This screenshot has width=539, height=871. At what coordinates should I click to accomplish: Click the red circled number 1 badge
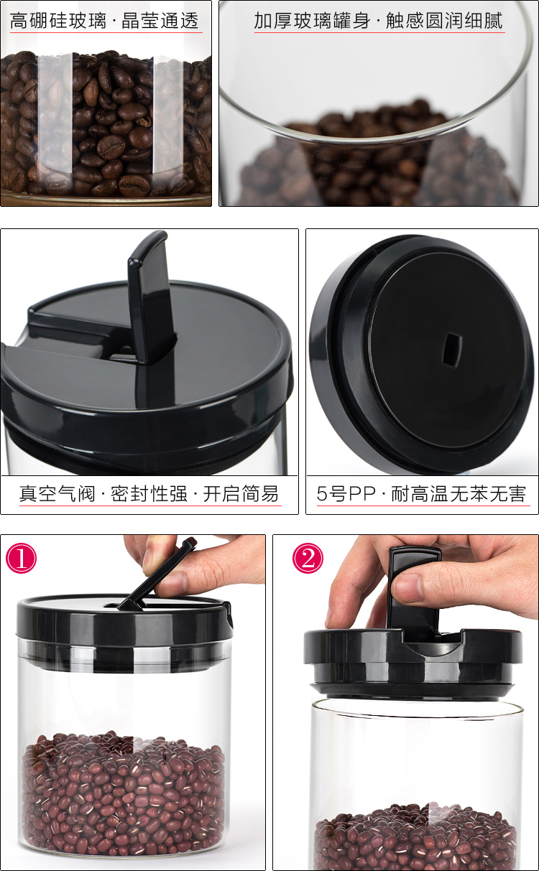coord(21,558)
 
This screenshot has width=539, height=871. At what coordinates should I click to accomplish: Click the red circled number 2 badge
coord(308,558)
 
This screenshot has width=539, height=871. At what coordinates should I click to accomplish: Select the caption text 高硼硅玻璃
coord(57,21)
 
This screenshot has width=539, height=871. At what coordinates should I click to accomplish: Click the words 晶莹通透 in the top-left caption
coord(160,21)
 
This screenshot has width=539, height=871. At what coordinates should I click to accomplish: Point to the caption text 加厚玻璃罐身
coord(312,21)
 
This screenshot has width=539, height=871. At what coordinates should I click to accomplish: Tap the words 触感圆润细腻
coord(444,21)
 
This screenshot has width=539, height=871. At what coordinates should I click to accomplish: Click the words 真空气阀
coord(57,494)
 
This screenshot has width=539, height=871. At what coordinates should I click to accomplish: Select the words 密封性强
coord(149,494)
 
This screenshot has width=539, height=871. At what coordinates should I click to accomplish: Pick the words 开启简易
coord(241,494)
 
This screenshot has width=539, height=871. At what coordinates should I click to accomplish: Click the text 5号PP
coord(346,494)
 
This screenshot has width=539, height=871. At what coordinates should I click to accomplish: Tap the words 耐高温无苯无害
coord(459,494)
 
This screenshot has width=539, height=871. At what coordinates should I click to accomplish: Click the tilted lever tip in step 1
coord(190,543)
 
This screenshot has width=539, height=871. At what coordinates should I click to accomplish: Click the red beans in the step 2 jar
coord(415,836)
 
